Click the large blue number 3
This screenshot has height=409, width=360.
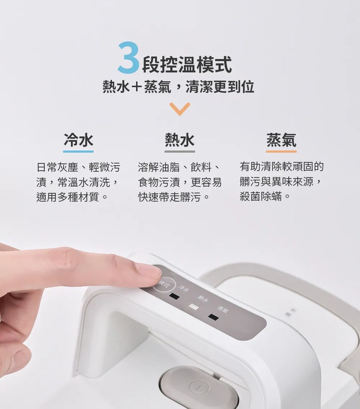[x=128, y=57]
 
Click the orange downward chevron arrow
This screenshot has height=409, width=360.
[x=179, y=109]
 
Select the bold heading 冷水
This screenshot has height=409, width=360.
[x=78, y=140]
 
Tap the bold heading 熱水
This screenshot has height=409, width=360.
[x=179, y=140]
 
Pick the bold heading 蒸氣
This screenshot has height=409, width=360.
[x=281, y=140]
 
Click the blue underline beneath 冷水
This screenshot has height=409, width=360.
[x=78, y=151]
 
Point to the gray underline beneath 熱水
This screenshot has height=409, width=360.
[x=179, y=151]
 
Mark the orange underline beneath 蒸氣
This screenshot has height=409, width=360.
[x=281, y=151]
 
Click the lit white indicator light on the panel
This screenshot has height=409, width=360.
[x=193, y=307]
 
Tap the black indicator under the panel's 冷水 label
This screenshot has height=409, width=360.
[x=174, y=296]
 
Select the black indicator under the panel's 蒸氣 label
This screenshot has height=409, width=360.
[x=213, y=317]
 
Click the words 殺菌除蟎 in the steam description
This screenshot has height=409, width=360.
[x=261, y=197]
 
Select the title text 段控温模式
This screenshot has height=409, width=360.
[x=187, y=64]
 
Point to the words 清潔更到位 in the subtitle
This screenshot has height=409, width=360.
[x=220, y=86]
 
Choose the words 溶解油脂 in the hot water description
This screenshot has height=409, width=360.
[x=159, y=167]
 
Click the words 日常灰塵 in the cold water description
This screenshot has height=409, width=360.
[x=58, y=167]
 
